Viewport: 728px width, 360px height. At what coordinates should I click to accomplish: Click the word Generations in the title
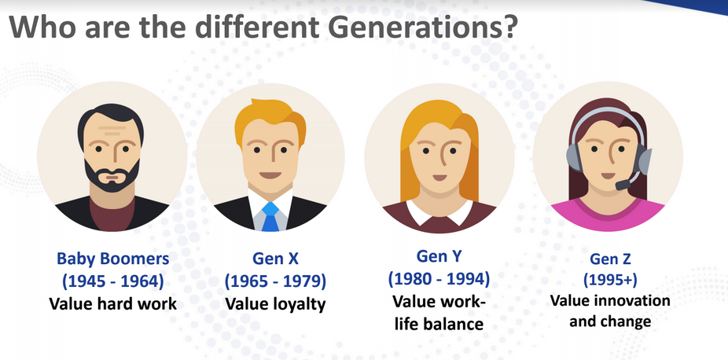coord(407,28)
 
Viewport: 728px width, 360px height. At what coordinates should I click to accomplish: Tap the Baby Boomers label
coord(113,259)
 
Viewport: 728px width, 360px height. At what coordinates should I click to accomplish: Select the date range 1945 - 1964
coord(113,281)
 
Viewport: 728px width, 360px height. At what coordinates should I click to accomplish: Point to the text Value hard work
coord(113,304)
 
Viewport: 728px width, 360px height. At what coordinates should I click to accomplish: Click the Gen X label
coord(275,259)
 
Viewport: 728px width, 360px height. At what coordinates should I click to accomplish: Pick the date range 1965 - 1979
coord(275,281)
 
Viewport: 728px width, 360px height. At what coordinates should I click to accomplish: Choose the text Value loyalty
coord(275,304)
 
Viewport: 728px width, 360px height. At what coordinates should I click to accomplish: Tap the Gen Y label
coord(439,255)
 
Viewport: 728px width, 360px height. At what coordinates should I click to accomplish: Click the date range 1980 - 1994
coord(439,278)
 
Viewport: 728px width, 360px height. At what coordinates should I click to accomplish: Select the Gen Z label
coord(611,259)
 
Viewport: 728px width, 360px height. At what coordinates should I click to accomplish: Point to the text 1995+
coord(611,280)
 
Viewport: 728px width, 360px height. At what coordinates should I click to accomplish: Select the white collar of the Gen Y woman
coord(439,213)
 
